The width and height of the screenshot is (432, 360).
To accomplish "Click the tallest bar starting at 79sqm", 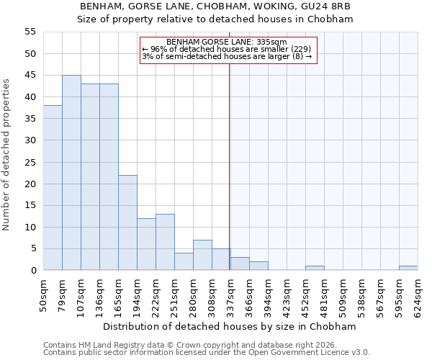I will pos(71,173).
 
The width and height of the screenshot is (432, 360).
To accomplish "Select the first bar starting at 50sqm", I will pos(53,188).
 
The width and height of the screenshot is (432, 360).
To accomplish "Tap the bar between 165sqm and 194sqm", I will pos(127,222).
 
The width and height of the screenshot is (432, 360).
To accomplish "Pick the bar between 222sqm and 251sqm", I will pos(165,242).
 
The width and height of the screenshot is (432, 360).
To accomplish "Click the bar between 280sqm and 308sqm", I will pos(202,255).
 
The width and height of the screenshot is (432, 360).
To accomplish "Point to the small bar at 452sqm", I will pos(315,268).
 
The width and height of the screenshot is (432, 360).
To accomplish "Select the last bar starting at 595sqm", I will pos(408,268).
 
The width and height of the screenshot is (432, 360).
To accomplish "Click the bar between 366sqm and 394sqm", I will pos(258,266).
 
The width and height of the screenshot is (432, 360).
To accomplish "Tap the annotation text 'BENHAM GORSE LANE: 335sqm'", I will pos(227,42).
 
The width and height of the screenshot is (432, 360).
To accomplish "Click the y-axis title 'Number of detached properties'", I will pos(7,155).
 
